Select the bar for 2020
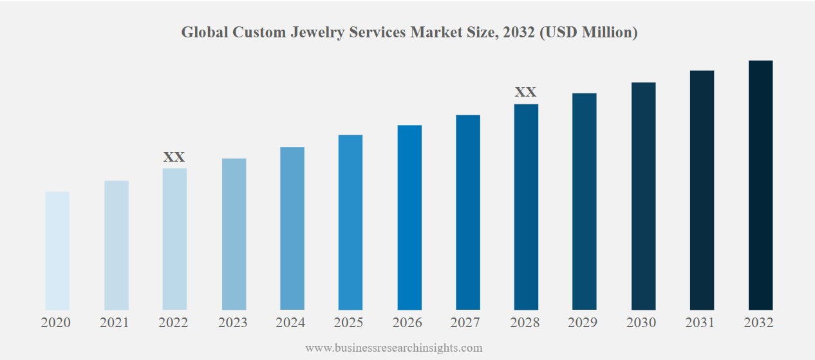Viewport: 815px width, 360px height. (x=57, y=251)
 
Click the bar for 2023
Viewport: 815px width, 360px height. (x=234, y=234)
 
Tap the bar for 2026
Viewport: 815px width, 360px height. (x=409, y=218)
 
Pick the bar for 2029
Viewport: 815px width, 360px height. (x=585, y=202)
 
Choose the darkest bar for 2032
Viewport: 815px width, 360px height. (x=760, y=185)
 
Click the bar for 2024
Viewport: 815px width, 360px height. (x=292, y=229)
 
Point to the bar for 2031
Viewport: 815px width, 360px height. (x=702, y=190)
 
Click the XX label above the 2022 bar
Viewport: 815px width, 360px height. (x=174, y=156)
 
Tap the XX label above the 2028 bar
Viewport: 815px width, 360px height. (x=525, y=92)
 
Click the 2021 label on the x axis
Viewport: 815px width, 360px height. (x=115, y=323)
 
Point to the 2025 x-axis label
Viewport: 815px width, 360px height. (x=349, y=323)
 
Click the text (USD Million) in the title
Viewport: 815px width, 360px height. (x=588, y=32)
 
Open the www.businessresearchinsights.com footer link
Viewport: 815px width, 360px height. (x=393, y=348)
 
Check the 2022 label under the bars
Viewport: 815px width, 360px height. (x=173, y=323)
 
